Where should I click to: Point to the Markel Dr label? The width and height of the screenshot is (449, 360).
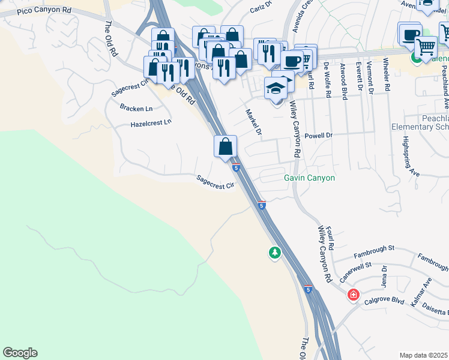click(x=254, y=122)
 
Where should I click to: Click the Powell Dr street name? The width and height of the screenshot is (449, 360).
click(x=318, y=136)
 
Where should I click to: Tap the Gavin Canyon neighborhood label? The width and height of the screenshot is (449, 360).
click(x=309, y=178)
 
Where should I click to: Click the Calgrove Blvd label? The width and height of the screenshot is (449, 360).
click(x=384, y=300)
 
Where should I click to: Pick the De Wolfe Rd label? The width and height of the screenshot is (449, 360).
click(x=327, y=74)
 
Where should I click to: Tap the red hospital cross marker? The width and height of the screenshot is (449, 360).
click(x=353, y=295)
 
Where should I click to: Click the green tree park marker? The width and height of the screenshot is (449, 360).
click(x=275, y=253)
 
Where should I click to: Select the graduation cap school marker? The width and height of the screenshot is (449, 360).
click(x=276, y=88)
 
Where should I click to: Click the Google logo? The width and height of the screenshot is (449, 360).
click(x=20, y=353)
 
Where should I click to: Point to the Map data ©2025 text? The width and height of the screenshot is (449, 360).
click(x=423, y=355)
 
